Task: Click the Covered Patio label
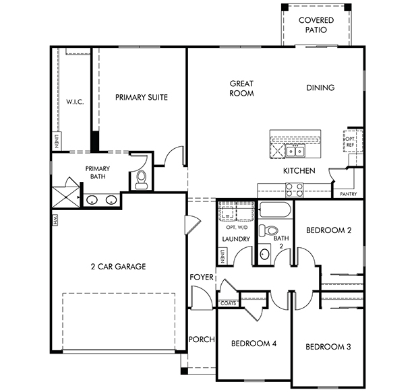[x=316, y=25]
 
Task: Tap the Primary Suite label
[x=142, y=97]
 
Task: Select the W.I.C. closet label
[x=75, y=102]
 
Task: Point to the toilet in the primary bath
[x=141, y=179]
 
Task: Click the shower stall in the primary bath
[x=65, y=197]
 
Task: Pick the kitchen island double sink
[x=295, y=152]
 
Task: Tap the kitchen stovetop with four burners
[x=294, y=190]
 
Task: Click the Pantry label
[x=349, y=194]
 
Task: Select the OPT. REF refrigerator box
[x=353, y=141]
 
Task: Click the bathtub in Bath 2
[x=275, y=210]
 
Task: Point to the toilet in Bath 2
[x=268, y=230]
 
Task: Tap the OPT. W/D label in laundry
[x=237, y=228]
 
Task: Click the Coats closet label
[x=229, y=303]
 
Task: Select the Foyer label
[x=202, y=277]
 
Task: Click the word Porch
[x=202, y=339]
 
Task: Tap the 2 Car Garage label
[x=118, y=266]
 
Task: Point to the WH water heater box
[x=55, y=220]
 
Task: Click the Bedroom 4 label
[x=254, y=344]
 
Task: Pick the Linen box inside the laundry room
[x=223, y=256]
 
